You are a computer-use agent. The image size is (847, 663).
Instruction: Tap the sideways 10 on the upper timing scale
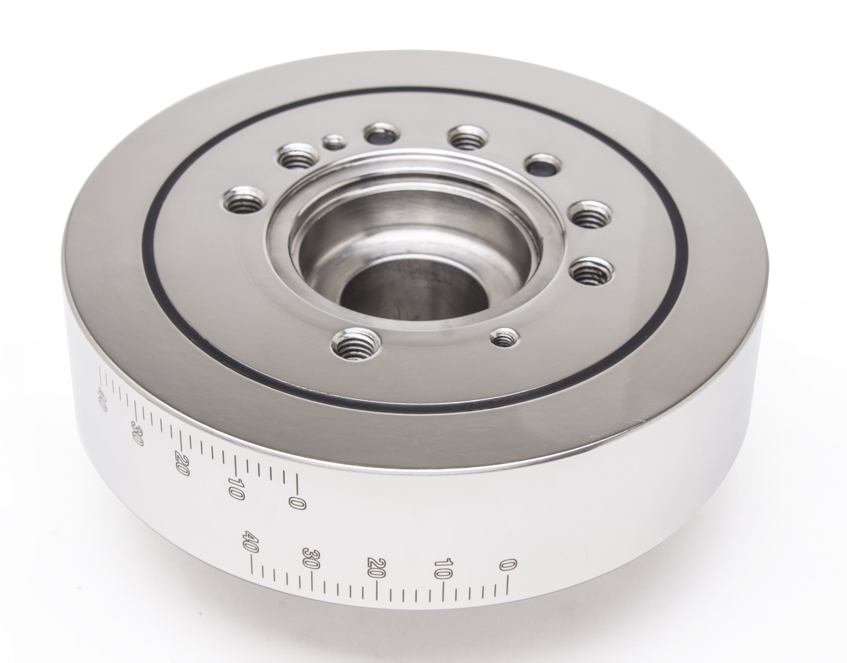click(236, 488)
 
